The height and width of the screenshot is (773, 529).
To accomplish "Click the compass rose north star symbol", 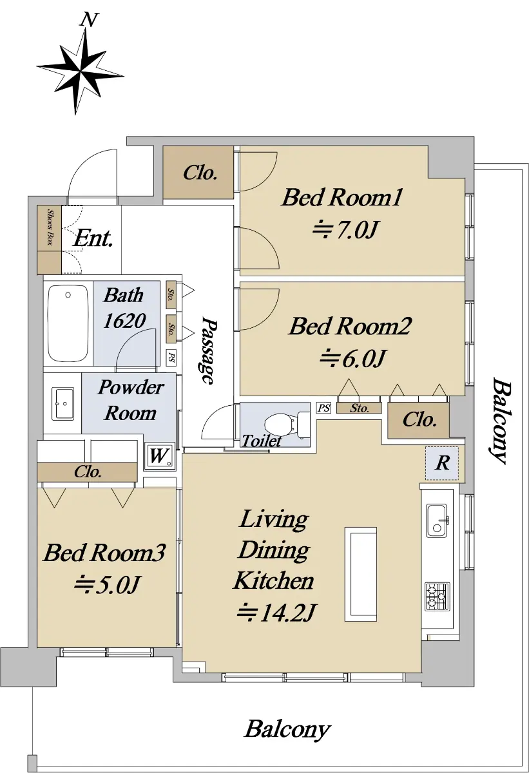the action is click(81, 72).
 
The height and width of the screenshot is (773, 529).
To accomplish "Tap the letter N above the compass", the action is click(89, 20).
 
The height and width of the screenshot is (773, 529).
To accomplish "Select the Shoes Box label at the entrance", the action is click(50, 227).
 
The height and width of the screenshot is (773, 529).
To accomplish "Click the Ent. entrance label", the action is click(93, 238).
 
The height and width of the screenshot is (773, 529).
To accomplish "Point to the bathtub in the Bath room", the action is click(68, 323).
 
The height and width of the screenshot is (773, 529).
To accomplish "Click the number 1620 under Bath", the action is click(124, 321).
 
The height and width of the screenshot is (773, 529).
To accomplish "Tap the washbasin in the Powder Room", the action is click(63, 403).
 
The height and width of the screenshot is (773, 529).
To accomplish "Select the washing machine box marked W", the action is click(159, 455).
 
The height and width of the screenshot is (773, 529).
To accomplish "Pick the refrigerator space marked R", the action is click(442, 463).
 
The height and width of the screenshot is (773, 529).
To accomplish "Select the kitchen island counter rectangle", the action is click(361, 574).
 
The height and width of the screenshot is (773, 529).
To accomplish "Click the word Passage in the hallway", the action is click(209, 350).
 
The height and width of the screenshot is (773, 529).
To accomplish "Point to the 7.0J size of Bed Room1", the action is click(345, 229).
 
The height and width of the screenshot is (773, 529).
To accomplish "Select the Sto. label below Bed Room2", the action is click(360, 408).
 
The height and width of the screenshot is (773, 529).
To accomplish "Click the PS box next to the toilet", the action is click(323, 408).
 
